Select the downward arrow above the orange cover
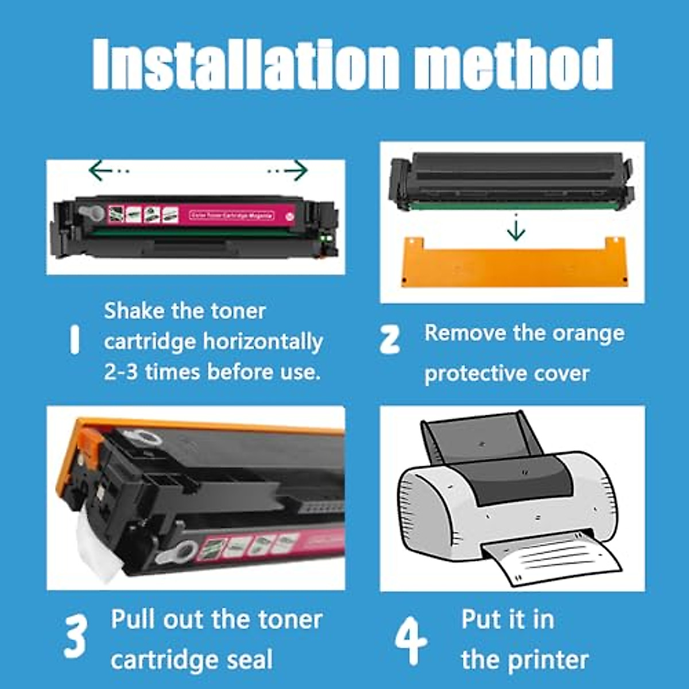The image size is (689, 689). click(x=516, y=229)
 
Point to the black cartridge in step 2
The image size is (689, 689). click(x=511, y=178)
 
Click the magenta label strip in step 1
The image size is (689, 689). click(x=230, y=216)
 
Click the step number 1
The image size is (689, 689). click(x=73, y=340)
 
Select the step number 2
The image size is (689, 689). click(x=390, y=339)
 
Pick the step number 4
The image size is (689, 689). click(x=411, y=640)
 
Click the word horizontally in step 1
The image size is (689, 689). click(x=263, y=342)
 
